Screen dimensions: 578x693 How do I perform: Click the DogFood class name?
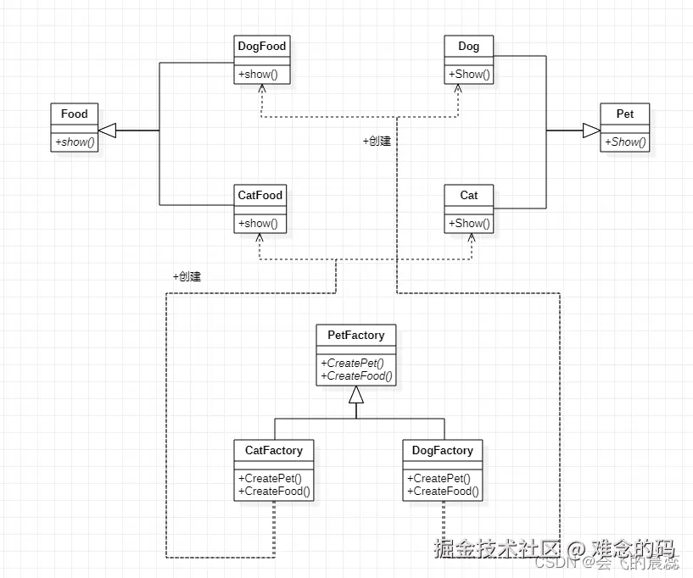coord(262,46)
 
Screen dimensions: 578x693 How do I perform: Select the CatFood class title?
coord(260,195)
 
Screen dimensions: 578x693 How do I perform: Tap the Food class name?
coord(75,114)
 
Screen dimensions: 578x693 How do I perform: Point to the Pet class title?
coord(624,114)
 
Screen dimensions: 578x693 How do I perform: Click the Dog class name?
coord(468,46)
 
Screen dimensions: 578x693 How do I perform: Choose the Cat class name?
coord(469,195)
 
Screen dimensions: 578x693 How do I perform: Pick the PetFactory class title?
coord(355,335)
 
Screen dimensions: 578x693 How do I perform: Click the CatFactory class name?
coord(273,450)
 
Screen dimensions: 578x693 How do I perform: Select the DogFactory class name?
coord(442,450)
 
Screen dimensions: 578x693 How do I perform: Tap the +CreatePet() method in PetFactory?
coord(354,364)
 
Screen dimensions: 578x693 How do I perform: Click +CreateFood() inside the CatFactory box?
coord(275,491)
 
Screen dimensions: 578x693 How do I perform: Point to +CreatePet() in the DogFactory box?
coord(439,478)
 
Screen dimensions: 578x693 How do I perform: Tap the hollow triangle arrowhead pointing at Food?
coord(106,131)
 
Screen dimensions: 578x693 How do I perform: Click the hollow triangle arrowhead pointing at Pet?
coord(590,131)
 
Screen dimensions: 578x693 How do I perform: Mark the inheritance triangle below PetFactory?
coord(356,394)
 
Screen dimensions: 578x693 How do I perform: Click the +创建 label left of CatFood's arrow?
coord(186,276)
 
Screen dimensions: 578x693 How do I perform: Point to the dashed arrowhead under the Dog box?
coord(459,88)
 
